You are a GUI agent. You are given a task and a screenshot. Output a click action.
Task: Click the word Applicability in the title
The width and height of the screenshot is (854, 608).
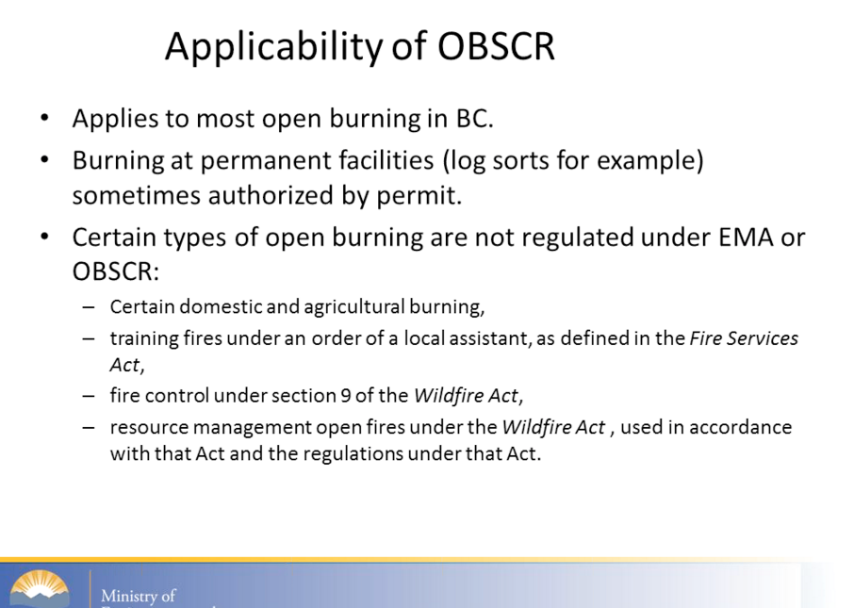(x=274, y=47)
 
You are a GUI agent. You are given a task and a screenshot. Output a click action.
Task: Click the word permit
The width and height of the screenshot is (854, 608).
(x=419, y=195)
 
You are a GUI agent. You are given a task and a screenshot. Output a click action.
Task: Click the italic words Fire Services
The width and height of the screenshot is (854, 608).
(x=744, y=338)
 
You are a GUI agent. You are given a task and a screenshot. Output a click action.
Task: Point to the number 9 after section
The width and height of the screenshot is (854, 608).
(x=345, y=396)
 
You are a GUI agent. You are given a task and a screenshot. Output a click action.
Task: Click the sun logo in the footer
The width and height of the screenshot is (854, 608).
(x=39, y=588)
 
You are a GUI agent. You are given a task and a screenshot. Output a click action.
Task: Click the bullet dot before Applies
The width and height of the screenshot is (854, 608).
(x=44, y=118)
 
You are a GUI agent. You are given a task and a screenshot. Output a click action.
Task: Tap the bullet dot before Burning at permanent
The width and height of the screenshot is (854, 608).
(x=44, y=159)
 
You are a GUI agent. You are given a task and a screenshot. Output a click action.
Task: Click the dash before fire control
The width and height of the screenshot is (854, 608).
(x=89, y=396)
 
